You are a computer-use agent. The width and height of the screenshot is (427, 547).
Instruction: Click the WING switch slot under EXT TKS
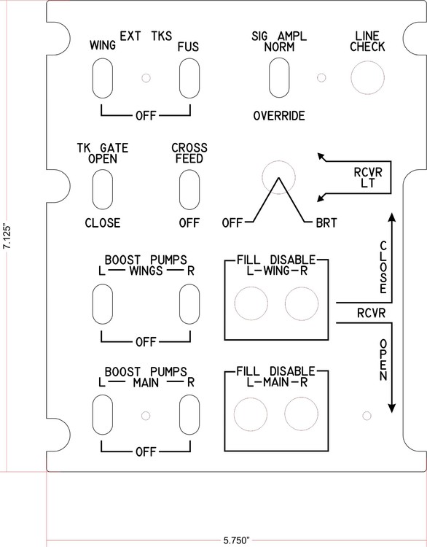(102, 75)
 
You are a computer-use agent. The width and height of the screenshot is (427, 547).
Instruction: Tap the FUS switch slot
(190, 75)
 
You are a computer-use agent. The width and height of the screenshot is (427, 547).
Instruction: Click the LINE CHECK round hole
(367, 76)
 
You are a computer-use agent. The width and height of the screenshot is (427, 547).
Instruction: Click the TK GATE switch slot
(102, 188)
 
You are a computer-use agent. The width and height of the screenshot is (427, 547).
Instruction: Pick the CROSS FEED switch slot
(190, 188)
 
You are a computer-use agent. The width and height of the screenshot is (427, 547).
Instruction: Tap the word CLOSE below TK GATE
(102, 223)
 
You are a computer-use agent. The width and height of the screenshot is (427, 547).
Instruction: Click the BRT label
(326, 223)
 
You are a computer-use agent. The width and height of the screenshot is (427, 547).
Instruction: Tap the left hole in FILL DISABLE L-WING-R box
(251, 303)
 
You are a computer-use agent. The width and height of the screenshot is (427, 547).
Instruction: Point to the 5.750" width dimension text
(237, 540)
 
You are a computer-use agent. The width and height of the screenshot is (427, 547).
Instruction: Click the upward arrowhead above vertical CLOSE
(392, 217)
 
